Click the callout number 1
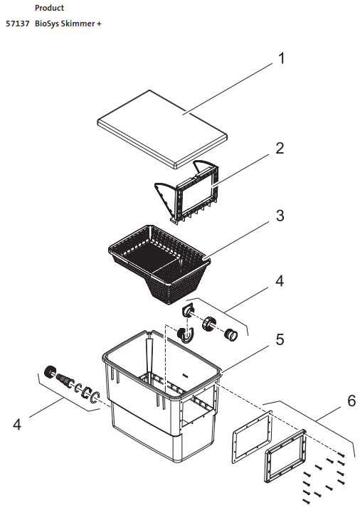point(281,58)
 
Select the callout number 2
point(280,149)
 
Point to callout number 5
point(280,339)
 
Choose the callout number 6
point(351,401)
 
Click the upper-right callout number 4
point(280,281)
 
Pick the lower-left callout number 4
point(18,425)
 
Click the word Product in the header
point(49,8)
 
